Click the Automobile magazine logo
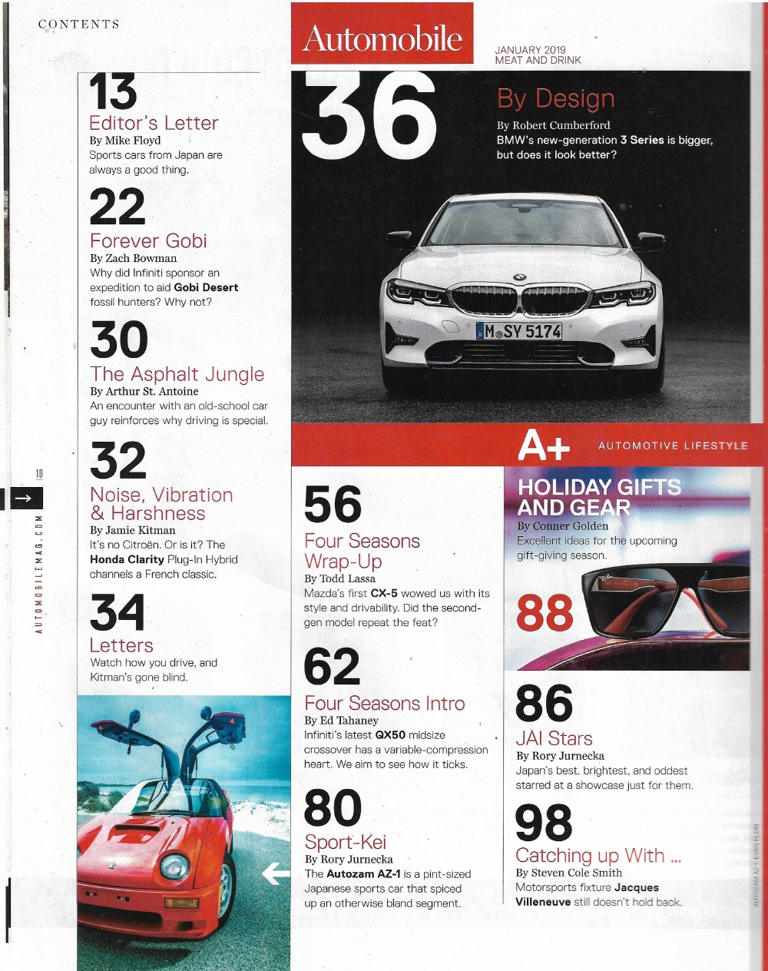382,38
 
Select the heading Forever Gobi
148,240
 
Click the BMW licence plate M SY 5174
519,331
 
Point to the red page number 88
545,612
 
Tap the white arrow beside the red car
275,873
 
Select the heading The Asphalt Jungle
177,374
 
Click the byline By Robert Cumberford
553,125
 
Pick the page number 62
332,667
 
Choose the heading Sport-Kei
345,841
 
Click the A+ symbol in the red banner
544,445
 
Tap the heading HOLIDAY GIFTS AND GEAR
598,497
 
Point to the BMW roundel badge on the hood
520,277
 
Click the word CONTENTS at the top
79,24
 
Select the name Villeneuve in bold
543,902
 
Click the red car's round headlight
174,866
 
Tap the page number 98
544,823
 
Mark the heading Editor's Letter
154,123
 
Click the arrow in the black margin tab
22,499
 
